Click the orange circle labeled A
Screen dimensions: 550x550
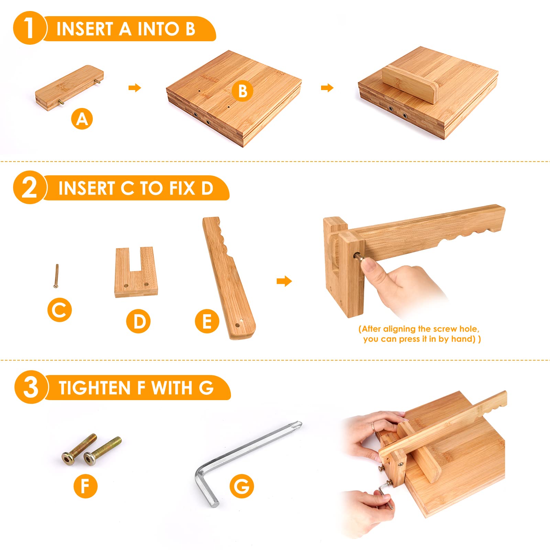(82, 119)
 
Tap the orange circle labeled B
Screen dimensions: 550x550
(243, 91)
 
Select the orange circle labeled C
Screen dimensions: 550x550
(59, 310)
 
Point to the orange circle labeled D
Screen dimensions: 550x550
(138, 321)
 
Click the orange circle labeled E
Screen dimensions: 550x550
(207, 321)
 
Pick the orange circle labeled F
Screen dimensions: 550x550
(86, 486)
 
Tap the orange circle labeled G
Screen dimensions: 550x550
(242, 486)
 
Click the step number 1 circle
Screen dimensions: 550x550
(29, 28)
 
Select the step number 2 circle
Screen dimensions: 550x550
(29, 187)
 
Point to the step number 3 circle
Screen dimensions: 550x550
(31, 387)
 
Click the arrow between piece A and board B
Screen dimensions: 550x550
(135, 88)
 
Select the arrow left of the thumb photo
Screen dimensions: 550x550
(284, 282)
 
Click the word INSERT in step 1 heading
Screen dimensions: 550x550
(85, 29)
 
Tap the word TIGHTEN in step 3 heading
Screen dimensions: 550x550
(95, 388)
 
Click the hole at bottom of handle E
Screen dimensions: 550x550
(237, 325)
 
